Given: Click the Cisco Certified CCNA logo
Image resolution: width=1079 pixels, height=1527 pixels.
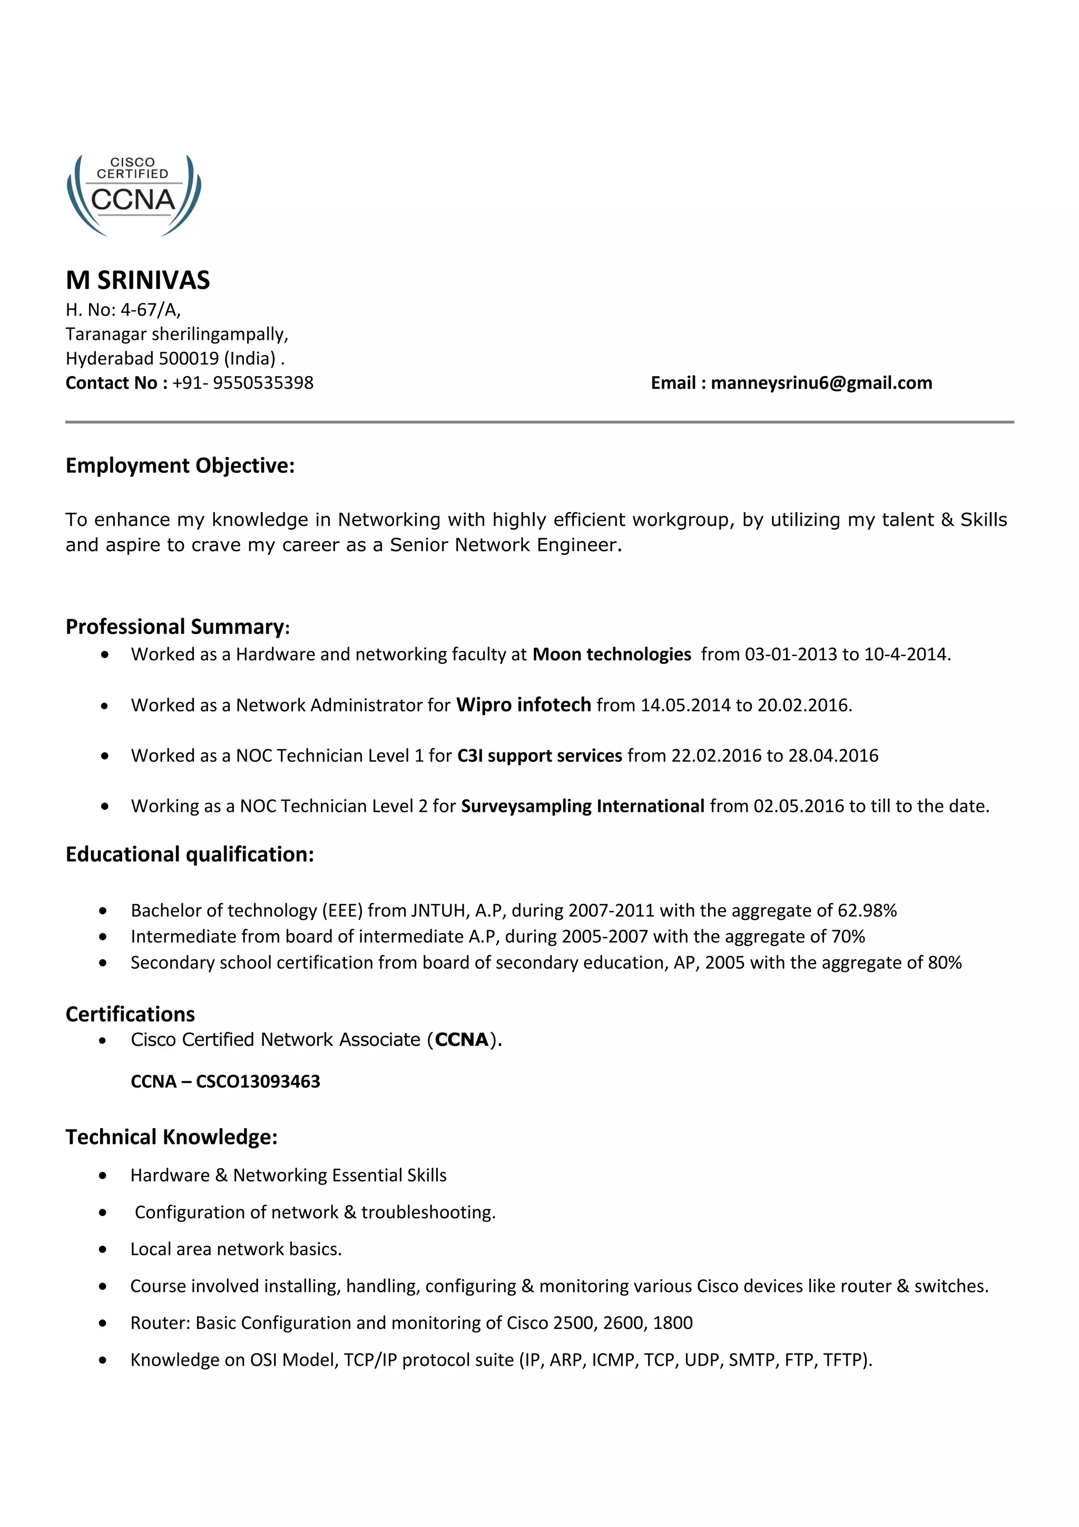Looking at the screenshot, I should click(x=134, y=195).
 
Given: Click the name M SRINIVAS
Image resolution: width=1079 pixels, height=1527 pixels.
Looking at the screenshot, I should click(x=138, y=280).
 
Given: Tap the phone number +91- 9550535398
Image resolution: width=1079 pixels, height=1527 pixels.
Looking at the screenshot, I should click(x=243, y=383).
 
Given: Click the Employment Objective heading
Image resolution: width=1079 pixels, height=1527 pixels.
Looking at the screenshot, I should click(x=180, y=466).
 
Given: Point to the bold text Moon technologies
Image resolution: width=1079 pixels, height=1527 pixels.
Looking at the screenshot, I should click(x=612, y=654).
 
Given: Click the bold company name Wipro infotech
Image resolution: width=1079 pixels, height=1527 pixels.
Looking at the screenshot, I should click(x=523, y=705).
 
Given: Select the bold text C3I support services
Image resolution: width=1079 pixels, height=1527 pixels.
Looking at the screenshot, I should click(x=539, y=756).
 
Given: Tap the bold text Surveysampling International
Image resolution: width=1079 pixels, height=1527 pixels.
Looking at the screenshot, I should click(x=582, y=806).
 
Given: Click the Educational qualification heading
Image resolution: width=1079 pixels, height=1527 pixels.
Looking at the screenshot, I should click(x=190, y=854).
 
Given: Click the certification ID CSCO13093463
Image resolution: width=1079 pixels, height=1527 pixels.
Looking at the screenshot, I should click(x=258, y=1081).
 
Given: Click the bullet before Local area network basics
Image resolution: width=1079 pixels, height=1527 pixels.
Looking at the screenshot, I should click(x=102, y=1249).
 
